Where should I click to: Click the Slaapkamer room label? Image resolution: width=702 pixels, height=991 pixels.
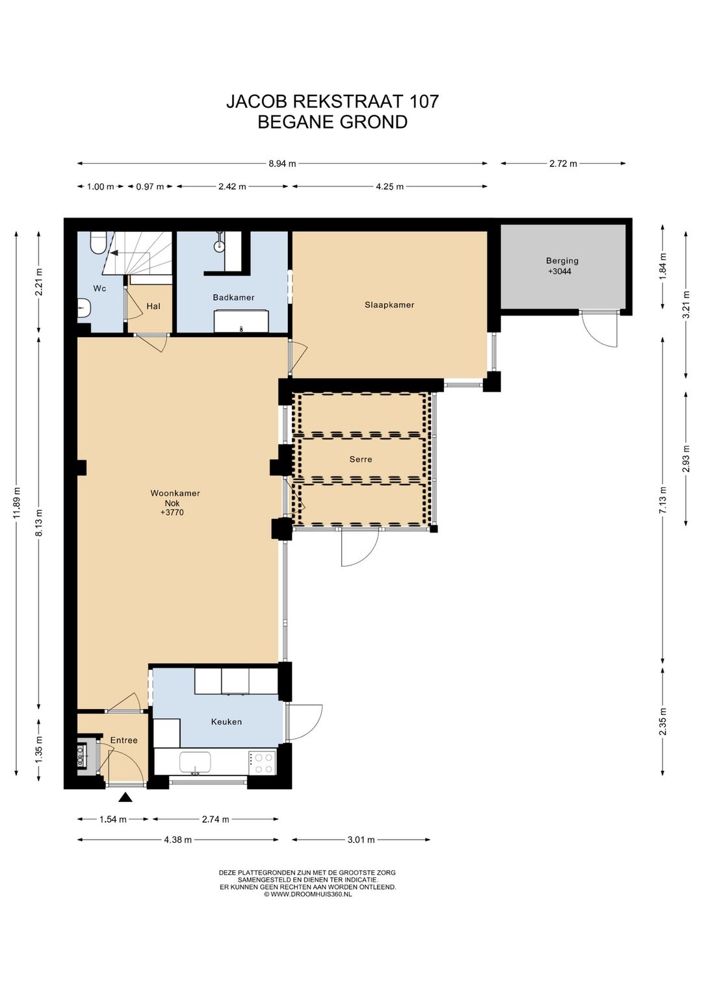coord(389,305)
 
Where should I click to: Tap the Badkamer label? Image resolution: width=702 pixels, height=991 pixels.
coord(233,297)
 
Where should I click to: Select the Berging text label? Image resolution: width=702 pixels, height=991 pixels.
coord(562,261)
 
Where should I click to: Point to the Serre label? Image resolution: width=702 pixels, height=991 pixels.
coord(361,459)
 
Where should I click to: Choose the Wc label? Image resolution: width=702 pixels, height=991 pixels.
coord(99,288)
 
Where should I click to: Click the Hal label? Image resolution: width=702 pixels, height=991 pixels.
coord(153,306)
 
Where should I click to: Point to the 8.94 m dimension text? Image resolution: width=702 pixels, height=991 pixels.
coord(282,164)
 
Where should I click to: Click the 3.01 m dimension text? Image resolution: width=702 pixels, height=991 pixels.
coord(361,840)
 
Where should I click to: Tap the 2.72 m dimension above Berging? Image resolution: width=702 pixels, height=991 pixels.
coord(563,164)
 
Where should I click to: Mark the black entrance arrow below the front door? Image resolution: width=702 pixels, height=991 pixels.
coord(126,797)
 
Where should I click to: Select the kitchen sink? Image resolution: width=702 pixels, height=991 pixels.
coord(195,762)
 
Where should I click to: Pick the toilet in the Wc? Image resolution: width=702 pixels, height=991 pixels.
coord(97,242)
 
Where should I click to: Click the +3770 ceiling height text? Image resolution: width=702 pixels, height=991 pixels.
coord(172,513)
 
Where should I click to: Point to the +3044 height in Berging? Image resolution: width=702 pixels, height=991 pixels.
coord(560,271)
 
